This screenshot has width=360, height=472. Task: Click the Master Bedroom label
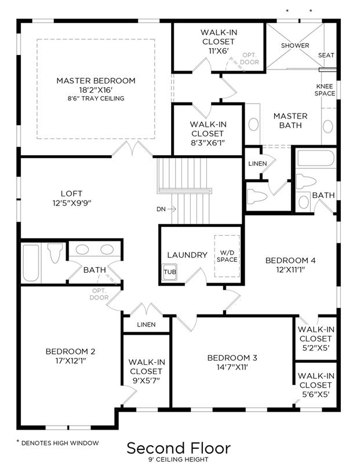coord(96,81)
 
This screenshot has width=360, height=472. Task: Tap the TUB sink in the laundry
coord(170,272)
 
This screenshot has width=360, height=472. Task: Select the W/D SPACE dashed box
coord(227,256)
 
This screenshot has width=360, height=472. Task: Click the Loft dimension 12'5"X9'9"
coord(72,203)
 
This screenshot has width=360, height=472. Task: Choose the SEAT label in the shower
coord(326,56)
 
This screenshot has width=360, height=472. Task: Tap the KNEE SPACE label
coord(325,90)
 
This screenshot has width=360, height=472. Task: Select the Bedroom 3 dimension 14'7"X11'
coord(232,367)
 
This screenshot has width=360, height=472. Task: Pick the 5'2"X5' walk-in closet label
coord(316,339)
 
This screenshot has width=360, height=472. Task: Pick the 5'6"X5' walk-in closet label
coord(316,385)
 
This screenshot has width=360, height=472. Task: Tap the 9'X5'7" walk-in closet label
coord(147,371)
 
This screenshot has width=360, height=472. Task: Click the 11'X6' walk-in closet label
coord(219,42)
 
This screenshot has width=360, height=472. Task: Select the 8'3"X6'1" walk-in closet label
coord(208,134)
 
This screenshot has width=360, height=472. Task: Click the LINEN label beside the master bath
coord(257,164)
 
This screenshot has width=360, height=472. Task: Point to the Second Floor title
coord(179,448)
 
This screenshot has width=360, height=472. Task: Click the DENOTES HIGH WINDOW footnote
coord(57,443)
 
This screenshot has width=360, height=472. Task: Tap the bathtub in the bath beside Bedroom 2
coord(31,263)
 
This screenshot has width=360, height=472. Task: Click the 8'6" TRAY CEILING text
coord(96,98)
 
